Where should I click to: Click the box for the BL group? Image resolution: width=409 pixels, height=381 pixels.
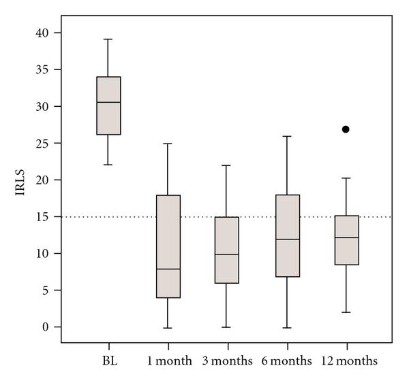(109, 105)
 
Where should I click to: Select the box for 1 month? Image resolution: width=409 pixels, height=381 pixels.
(168, 246)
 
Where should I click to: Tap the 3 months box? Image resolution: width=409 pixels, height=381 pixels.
(227, 250)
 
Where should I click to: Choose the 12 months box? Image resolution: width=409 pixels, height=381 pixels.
(346, 239)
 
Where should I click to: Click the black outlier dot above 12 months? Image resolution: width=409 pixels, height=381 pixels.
(346, 129)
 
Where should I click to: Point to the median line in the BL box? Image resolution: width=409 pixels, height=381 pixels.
(109, 102)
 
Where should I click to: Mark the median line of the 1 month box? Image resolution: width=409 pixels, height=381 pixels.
(168, 269)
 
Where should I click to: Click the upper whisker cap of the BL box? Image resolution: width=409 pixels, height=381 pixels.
(109, 39)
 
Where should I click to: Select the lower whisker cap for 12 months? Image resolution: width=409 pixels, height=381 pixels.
(346, 312)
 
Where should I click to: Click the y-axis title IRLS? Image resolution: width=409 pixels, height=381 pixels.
(21, 180)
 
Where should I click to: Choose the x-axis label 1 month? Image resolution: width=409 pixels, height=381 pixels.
(168, 359)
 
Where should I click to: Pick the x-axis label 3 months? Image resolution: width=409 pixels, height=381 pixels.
(228, 359)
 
